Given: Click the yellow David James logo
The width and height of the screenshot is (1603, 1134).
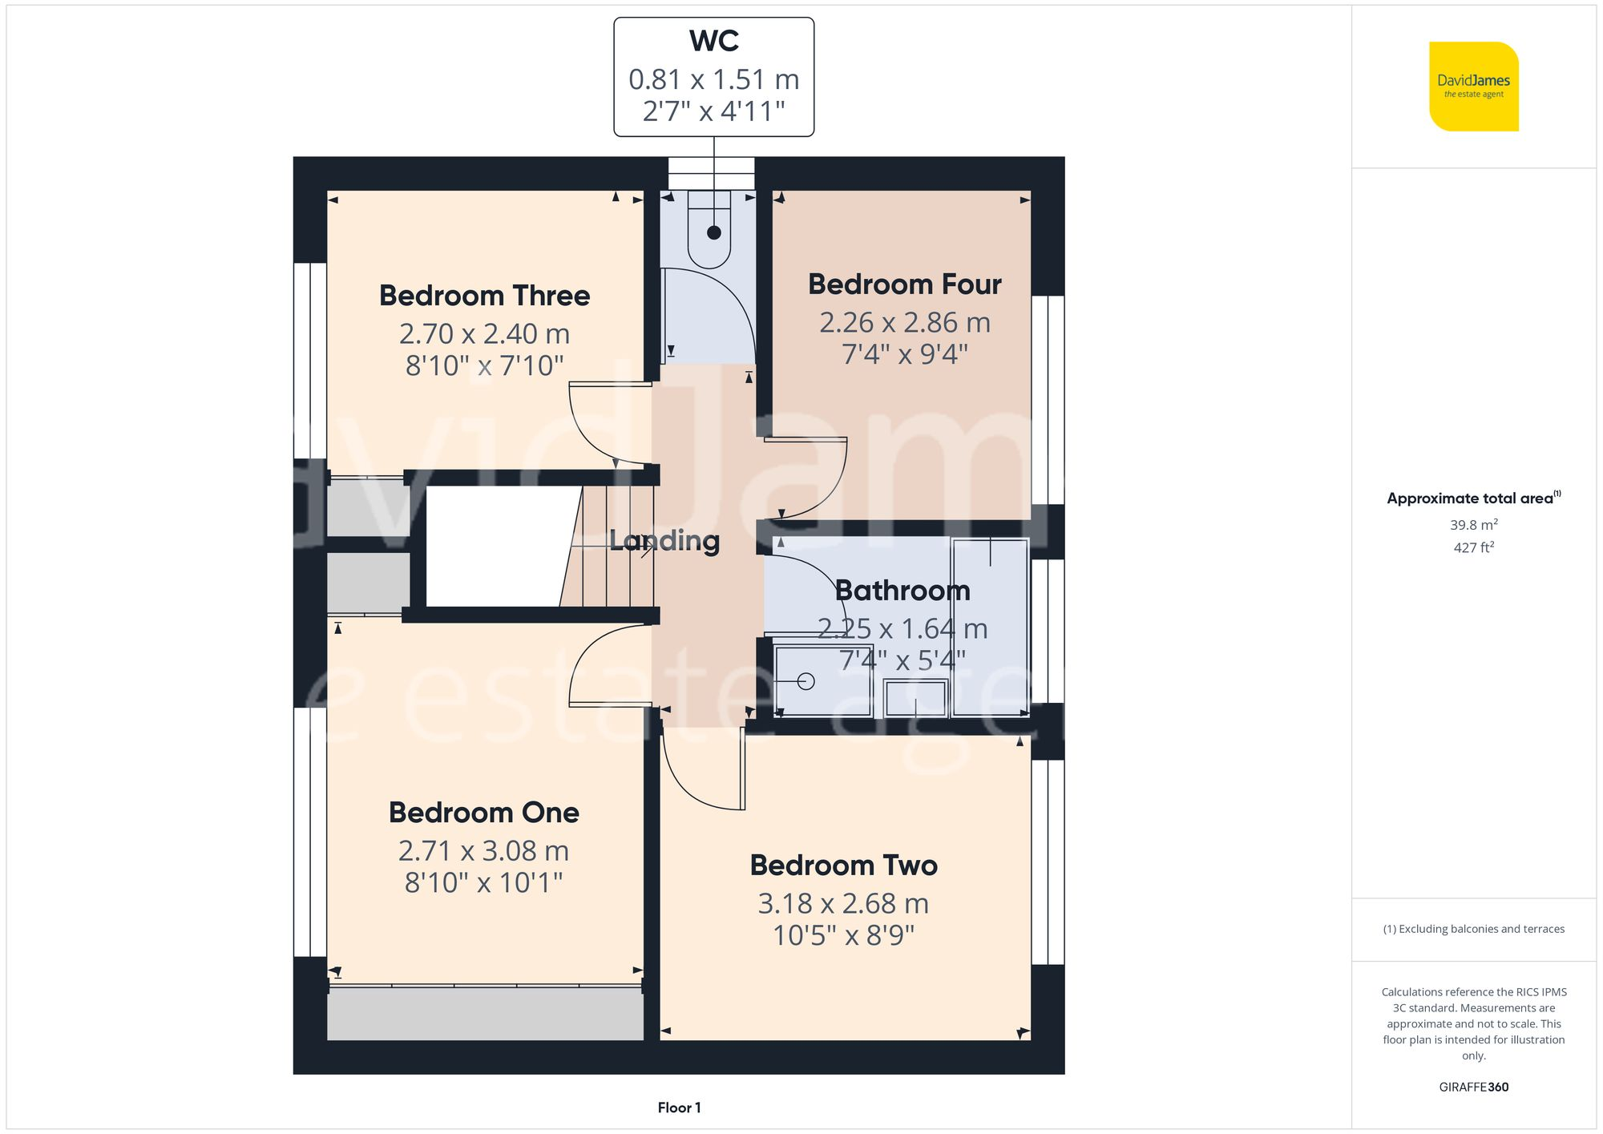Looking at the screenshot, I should click(1473, 87).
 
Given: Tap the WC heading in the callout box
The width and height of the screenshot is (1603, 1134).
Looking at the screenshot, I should click(713, 42).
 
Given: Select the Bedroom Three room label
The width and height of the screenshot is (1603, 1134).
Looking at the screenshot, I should click(484, 296).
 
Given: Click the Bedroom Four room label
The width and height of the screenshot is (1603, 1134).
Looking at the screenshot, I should click(904, 285).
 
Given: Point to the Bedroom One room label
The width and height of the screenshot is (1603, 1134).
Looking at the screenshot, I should click(483, 813).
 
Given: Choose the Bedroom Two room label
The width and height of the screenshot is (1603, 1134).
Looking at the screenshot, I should click(843, 866).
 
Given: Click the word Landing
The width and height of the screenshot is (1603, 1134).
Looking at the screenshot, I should click(664, 541).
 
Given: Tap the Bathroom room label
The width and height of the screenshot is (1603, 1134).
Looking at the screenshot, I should click(902, 591).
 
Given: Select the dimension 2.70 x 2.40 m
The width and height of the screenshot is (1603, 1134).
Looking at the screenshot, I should click(484, 333).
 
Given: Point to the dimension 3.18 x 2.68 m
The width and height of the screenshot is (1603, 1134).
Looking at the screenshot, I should click(843, 904).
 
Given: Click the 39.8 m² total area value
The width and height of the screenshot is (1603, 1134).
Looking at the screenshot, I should click(1473, 525).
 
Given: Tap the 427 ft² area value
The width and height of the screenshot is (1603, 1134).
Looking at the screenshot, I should click(1473, 547).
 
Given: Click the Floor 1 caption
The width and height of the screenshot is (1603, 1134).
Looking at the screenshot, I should click(679, 1108).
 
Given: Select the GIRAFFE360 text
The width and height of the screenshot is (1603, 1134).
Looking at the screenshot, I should click(1473, 1088).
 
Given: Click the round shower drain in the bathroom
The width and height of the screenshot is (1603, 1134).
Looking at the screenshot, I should click(806, 681).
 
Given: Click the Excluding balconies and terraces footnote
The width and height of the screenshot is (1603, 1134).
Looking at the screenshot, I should click(1473, 929).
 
